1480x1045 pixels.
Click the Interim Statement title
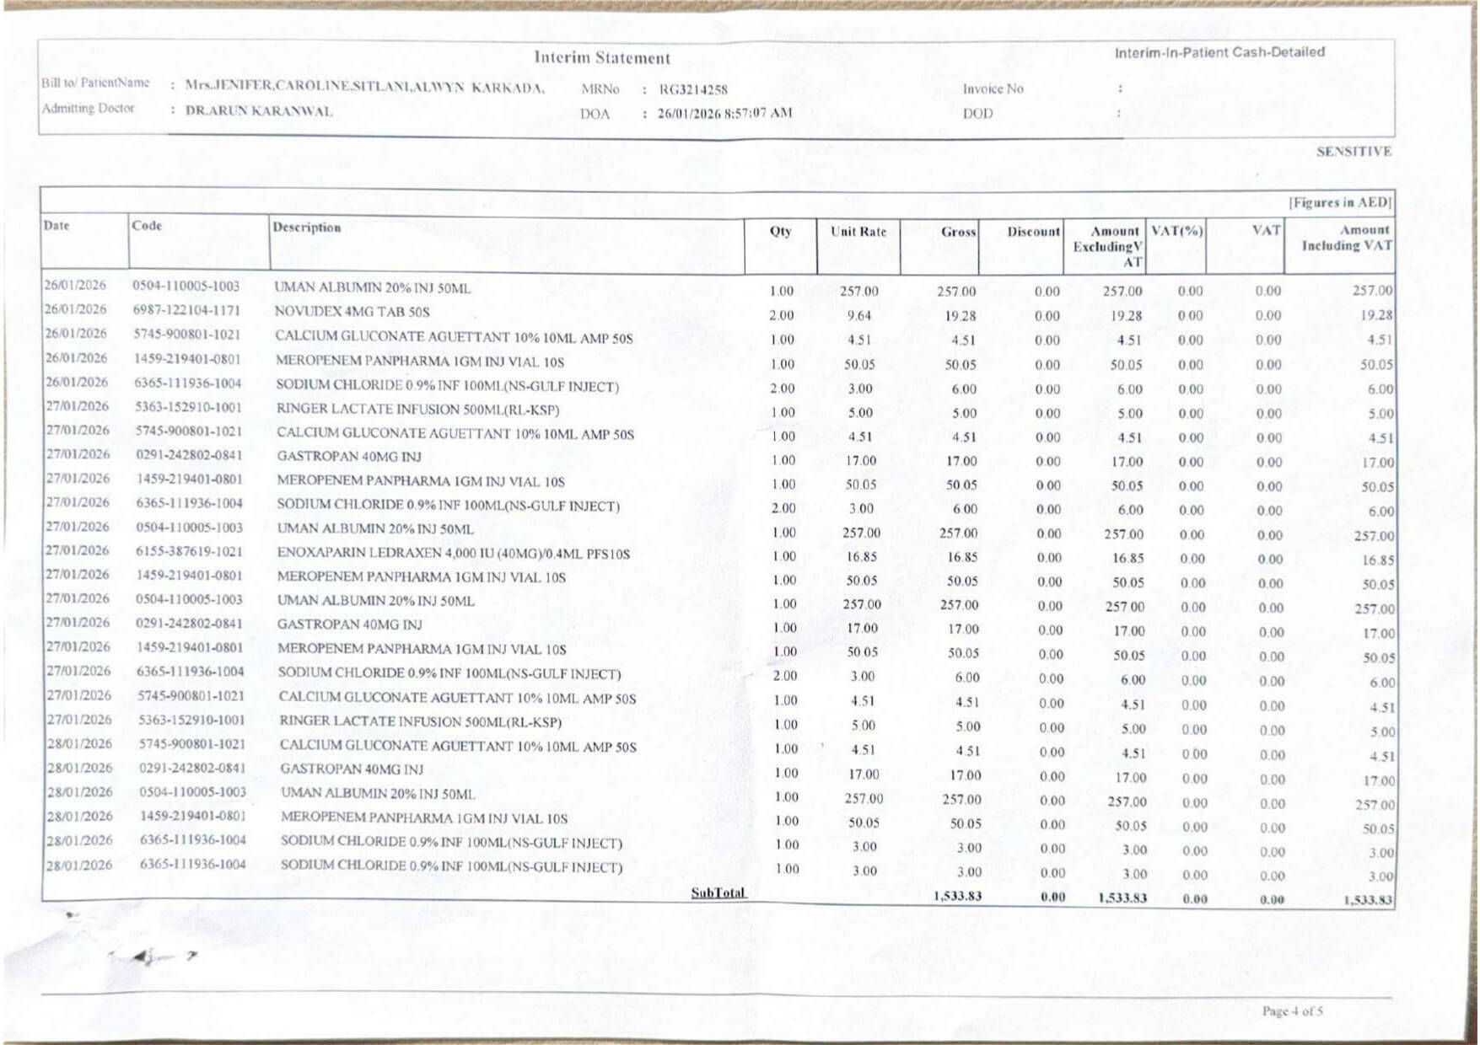(x=601, y=58)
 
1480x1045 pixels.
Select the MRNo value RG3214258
(x=693, y=89)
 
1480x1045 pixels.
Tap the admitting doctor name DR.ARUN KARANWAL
(x=259, y=111)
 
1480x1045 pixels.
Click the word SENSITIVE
(x=1353, y=152)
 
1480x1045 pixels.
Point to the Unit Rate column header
(x=858, y=232)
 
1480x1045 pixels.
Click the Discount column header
(x=1033, y=232)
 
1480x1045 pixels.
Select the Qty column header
(x=780, y=231)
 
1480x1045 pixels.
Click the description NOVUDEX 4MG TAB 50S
(x=352, y=312)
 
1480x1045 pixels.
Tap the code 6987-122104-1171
(x=186, y=310)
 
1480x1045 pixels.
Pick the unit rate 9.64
(x=858, y=316)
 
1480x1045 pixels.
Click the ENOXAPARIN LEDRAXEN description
(x=454, y=554)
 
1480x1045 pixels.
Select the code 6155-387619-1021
(x=189, y=551)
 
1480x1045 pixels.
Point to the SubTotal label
(x=718, y=892)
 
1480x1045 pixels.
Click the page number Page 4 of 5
(x=1292, y=1010)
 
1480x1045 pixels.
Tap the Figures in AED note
(x=1339, y=202)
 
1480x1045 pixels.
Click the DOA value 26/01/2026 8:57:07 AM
(x=724, y=113)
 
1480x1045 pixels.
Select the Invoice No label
(x=993, y=88)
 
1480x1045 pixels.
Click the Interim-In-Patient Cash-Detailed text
(x=1219, y=52)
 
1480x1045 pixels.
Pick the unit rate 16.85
(x=860, y=557)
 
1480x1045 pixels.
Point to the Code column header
(x=146, y=225)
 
